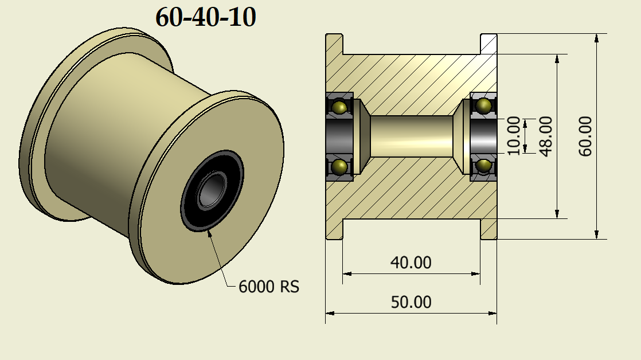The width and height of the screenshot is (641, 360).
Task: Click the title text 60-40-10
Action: (205, 18)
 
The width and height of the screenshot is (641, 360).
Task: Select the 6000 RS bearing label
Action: (269, 286)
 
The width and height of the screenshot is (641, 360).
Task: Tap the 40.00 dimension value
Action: (411, 263)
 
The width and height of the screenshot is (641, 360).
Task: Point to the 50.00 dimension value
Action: (411, 302)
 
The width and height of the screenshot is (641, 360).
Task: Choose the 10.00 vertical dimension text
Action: (514, 136)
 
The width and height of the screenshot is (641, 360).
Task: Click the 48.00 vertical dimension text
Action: (546, 136)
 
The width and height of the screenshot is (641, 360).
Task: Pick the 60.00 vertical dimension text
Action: (585, 136)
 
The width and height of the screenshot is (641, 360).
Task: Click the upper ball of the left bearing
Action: (339, 107)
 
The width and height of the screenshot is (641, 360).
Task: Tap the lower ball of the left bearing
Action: (339, 167)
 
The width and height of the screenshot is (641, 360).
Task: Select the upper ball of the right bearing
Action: (484, 105)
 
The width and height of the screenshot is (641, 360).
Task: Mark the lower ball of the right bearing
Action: (484, 166)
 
